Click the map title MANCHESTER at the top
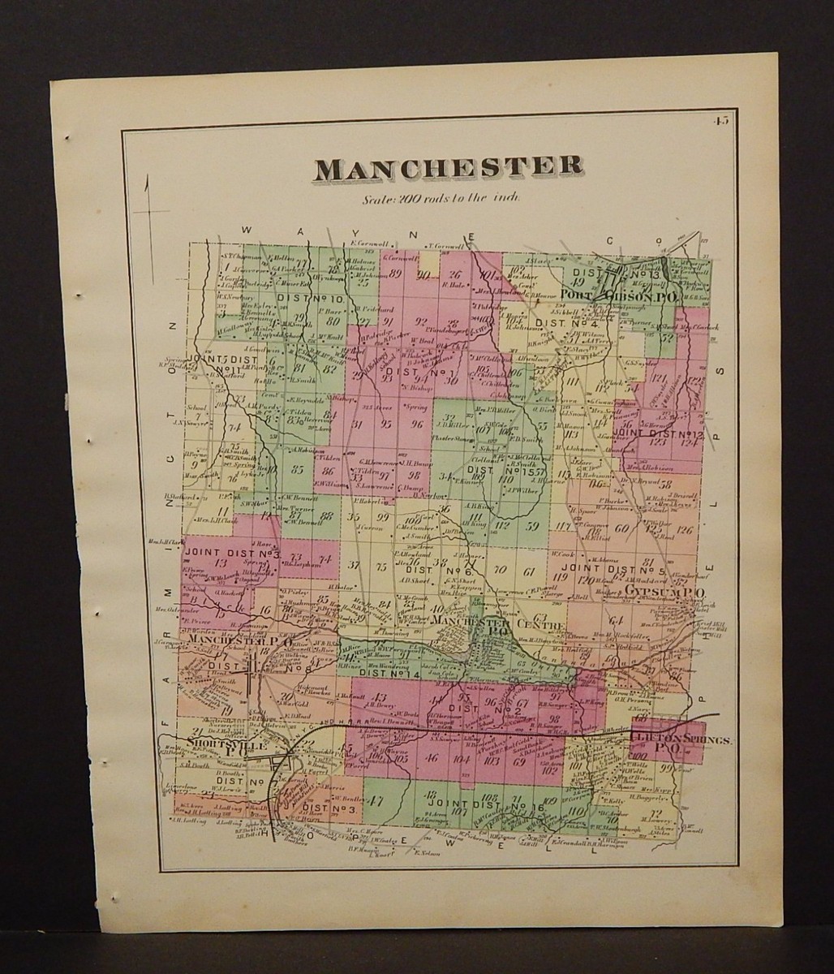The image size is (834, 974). coord(448,167)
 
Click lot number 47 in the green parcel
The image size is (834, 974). coord(375,799)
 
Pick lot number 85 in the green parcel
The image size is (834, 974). coord(298,468)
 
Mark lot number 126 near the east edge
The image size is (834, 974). coord(686,531)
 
